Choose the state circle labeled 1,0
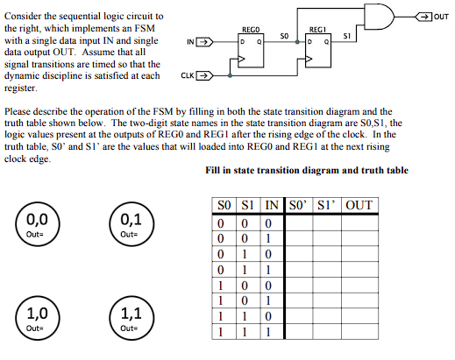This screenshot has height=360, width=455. point(36,314)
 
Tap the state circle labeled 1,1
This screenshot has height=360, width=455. point(129,314)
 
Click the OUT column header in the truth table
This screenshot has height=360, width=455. point(359,206)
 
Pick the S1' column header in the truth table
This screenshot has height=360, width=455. point(329,206)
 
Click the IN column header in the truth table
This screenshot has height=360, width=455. point(273,206)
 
